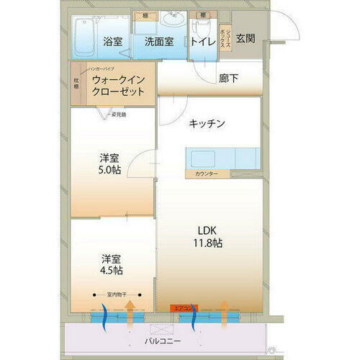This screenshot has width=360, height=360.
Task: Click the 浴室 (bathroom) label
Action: pos(112,41)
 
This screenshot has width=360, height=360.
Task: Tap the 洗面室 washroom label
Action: pos(158,41)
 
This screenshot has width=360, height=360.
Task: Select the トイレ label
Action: pos(202,41)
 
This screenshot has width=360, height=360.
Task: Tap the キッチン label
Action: pos(207,124)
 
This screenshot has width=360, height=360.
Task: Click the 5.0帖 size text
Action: pos(111,172)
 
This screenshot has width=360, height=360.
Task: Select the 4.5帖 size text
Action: pos(111,271)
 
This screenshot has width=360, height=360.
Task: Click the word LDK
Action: pos(207,230)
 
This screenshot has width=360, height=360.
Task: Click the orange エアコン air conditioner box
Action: pos(182,307)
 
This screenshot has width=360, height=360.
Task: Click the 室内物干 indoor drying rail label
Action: pos(119,294)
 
